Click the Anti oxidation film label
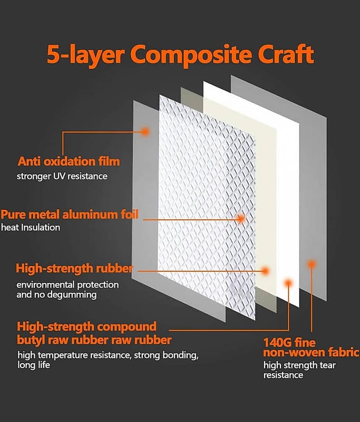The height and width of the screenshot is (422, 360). pyautogui.click(x=69, y=161)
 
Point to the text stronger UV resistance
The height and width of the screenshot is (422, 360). pyautogui.click(x=62, y=176)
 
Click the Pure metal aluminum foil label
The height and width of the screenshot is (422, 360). pyautogui.click(x=70, y=215)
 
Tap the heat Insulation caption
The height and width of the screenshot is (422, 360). pyautogui.click(x=31, y=228)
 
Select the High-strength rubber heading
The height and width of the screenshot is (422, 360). pyautogui.click(x=74, y=268)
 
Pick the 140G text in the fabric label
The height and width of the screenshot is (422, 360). pyautogui.click(x=277, y=342)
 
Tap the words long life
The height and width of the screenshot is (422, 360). pyautogui.click(x=34, y=365)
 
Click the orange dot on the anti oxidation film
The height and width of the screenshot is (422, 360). pyautogui.click(x=145, y=131)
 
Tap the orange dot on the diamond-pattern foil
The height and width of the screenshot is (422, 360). pyautogui.click(x=241, y=218)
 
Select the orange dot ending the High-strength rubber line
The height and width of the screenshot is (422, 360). pyautogui.click(x=265, y=271)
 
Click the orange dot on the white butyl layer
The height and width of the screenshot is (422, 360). pyautogui.click(x=288, y=283)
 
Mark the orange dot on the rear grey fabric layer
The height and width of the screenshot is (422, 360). pyautogui.click(x=312, y=264)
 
